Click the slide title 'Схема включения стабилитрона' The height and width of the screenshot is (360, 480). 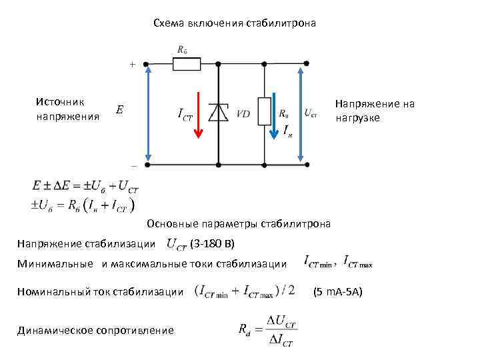(235, 23)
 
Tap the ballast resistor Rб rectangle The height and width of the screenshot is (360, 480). (187, 64)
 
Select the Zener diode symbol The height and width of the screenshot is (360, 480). (218, 113)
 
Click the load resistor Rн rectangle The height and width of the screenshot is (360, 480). (265, 111)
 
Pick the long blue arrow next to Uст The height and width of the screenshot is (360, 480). (302, 113)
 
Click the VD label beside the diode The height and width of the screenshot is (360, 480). (243, 114)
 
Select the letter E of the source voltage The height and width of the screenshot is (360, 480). (119, 109)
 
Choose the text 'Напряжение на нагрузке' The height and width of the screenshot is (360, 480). (375, 110)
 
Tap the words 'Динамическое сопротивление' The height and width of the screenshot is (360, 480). (95, 330)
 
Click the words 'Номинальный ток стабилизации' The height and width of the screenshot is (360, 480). (100, 291)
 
